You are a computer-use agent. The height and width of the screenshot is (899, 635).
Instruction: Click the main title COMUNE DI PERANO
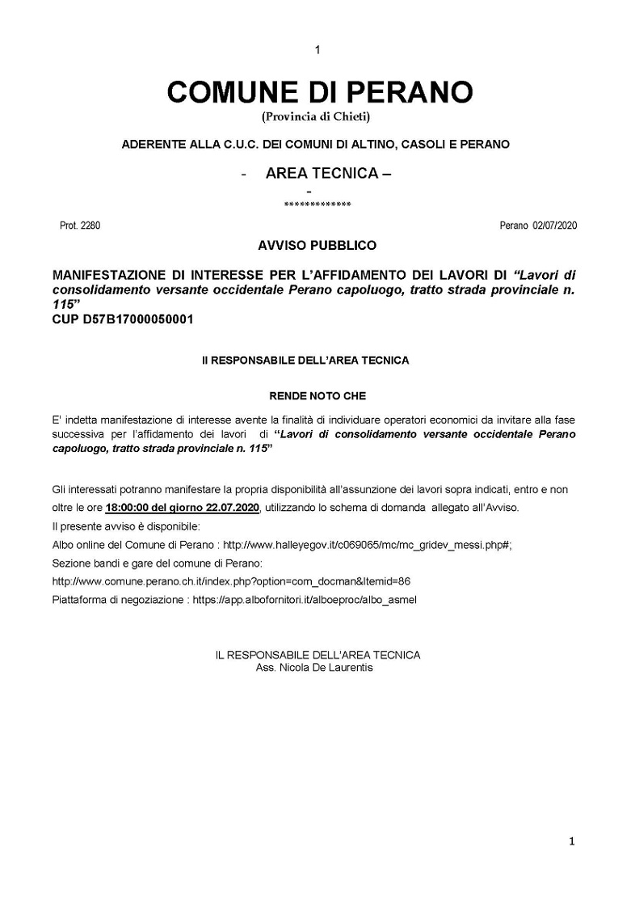(319, 91)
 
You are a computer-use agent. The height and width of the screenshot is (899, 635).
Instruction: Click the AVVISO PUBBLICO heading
(317, 244)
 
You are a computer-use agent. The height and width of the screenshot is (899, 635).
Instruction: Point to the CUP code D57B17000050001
(123, 319)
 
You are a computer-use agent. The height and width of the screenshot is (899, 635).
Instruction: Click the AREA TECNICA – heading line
(328, 174)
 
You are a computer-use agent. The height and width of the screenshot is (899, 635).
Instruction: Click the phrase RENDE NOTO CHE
(317, 396)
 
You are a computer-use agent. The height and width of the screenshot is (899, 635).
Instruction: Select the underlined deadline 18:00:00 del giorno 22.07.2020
(182, 508)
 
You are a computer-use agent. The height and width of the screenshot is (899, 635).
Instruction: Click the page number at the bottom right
(571, 842)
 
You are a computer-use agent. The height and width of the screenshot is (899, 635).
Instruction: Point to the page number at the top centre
(317, 50)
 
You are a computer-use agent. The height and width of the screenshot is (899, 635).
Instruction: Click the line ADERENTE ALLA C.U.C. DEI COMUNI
(315, 144)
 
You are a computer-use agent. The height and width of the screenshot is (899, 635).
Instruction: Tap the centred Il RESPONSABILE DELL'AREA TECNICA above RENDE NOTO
(305, 361)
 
